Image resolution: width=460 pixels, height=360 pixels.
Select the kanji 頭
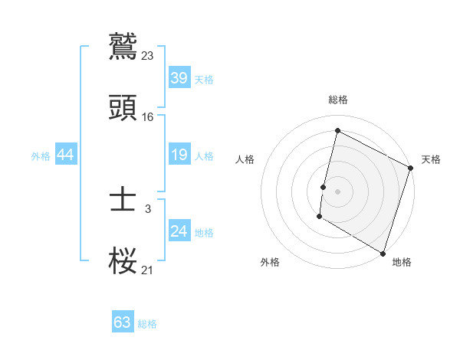(123, 108)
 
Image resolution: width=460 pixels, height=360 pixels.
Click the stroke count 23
(148, 55)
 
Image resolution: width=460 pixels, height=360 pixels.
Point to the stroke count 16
(148, 116)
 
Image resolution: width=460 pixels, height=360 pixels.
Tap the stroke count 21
(148, 270)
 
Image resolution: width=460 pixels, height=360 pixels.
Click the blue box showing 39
(179, 78)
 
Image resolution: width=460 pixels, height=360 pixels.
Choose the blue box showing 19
(179, 155)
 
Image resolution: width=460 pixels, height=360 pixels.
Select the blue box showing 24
(179, 231)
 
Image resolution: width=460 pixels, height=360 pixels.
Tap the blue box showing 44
(66, 155)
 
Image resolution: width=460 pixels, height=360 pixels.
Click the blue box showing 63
(122, 322)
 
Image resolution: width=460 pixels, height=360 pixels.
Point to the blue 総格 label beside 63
(147, 324)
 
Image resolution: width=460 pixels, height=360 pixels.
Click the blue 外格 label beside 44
(41, 156)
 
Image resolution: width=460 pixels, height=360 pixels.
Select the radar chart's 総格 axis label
(338, 100)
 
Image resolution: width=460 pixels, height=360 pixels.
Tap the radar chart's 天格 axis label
(431, 159)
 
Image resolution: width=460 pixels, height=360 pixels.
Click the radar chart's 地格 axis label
(402, 262)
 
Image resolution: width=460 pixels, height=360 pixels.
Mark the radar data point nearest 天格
(411, 169)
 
